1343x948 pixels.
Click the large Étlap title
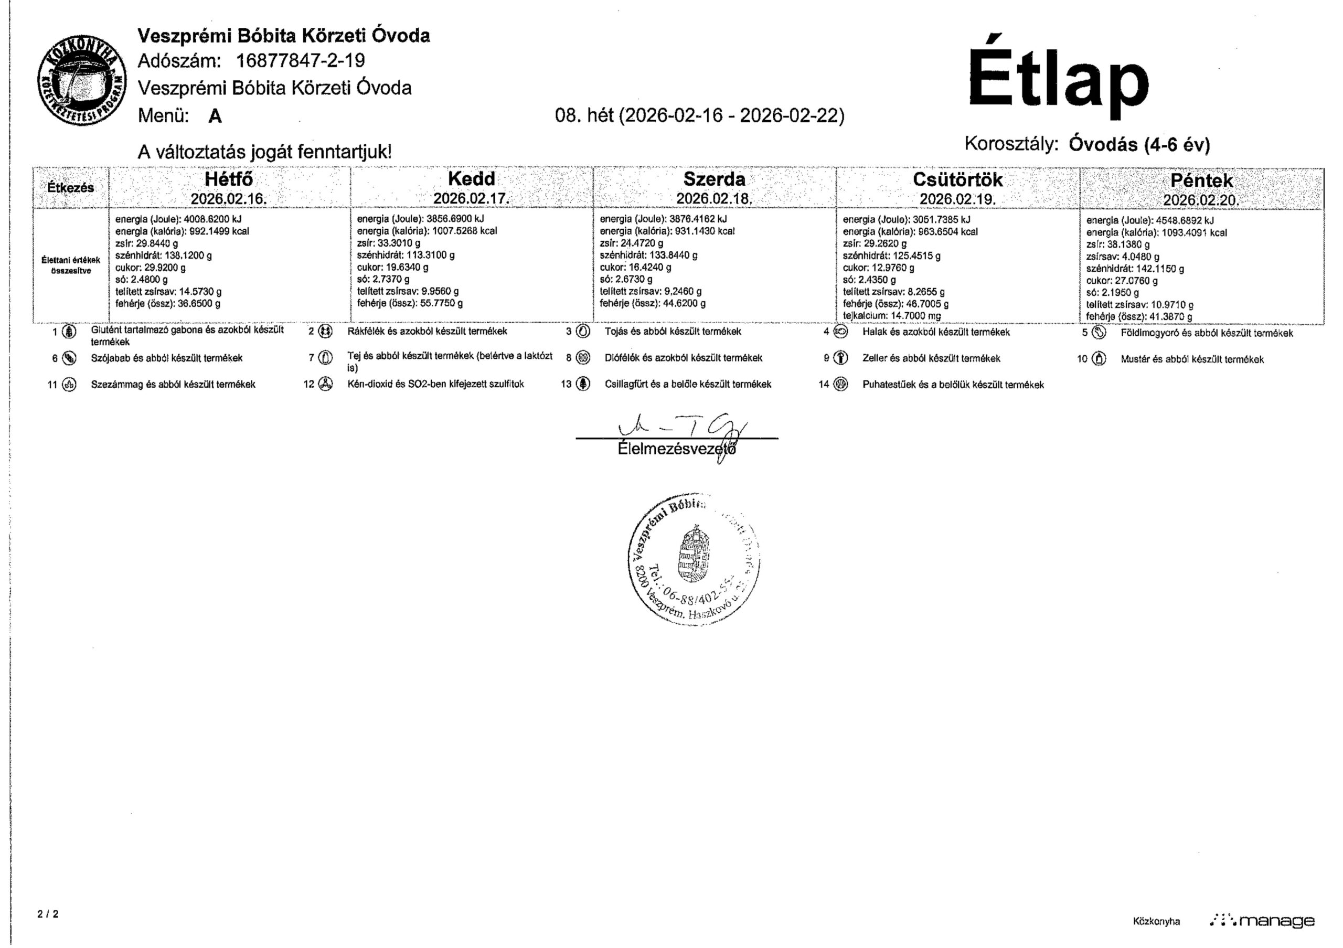click(x=1058, y=78)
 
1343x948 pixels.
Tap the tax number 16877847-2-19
click(x=300, y=60)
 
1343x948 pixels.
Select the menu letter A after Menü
click(x=215, y=116)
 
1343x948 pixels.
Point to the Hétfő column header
click(x=229, y=179)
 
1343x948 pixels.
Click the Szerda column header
click(x=714, y=179)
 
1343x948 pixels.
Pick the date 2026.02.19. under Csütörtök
click(x=957, y=199)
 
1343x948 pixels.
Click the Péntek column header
click(x=1201, y=180)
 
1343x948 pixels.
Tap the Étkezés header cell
click(x=70, y=188)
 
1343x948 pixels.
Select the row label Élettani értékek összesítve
click(x=70, y=265)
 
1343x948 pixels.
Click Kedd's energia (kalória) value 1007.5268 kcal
click(x=464, y=231)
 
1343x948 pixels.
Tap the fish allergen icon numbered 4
click(x=840, y=332)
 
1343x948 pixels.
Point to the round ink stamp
click(x=694, y=559)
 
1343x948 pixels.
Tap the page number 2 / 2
click(x=48, y=913)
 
